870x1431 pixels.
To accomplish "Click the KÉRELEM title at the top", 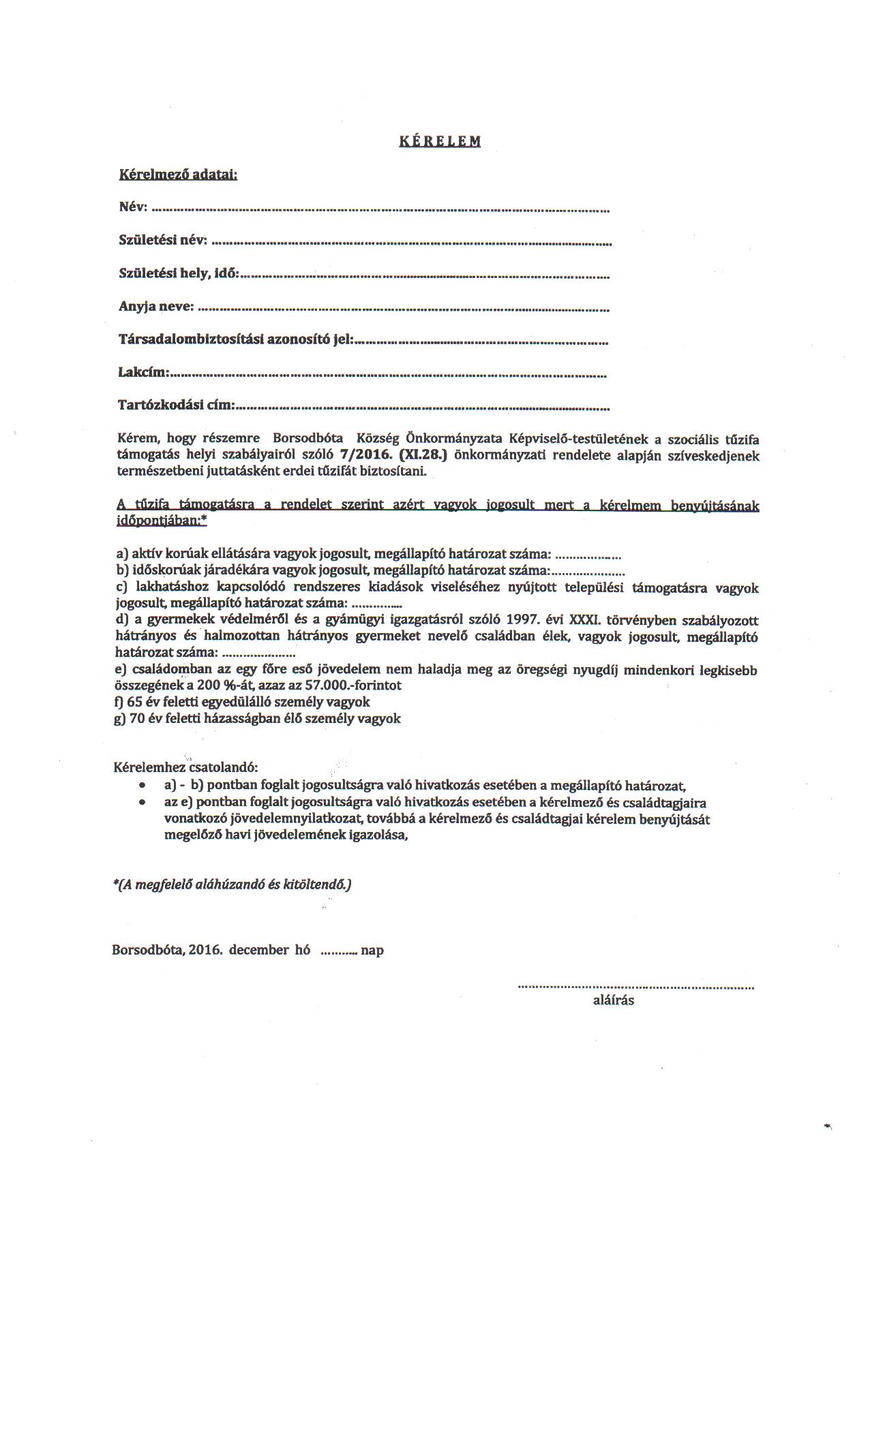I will [440, 142].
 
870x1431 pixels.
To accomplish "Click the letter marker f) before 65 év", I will [120, 702].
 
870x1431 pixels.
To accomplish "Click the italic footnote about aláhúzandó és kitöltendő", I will [232, 884].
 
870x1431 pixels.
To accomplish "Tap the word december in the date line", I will [259, 950].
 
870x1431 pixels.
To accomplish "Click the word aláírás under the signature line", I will [614, 1000].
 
